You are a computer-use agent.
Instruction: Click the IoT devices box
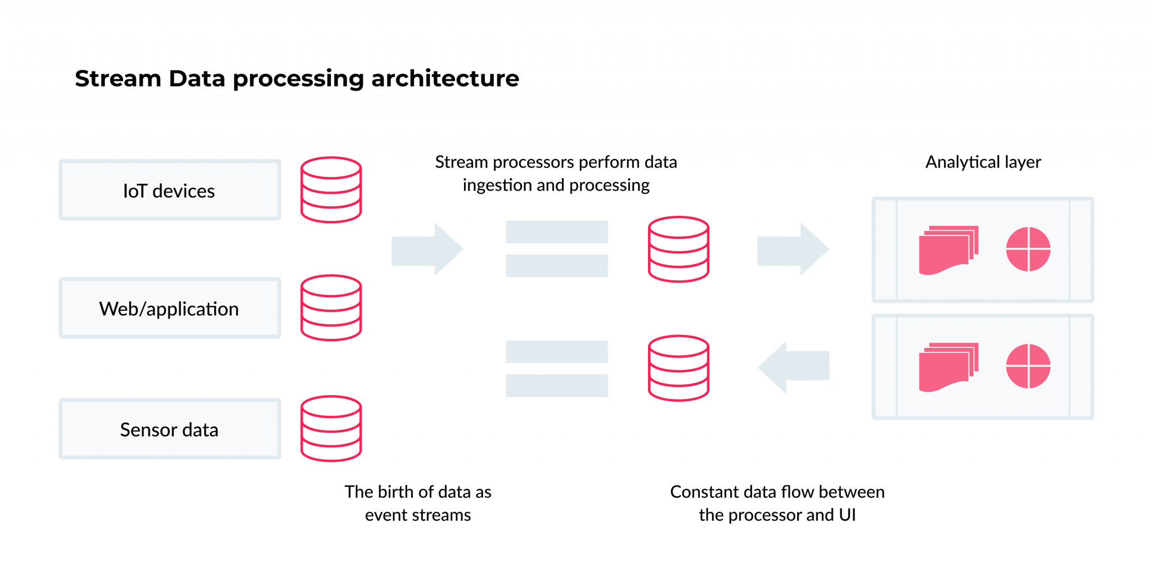169,191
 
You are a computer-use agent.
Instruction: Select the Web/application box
169,308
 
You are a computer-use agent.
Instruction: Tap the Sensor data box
169,429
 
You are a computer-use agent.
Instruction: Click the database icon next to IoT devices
331,190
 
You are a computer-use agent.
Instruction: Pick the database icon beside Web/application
331,308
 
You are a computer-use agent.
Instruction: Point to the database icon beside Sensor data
331,429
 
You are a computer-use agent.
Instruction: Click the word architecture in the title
445,79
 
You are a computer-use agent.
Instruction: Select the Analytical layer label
983,162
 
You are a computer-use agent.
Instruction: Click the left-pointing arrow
793,367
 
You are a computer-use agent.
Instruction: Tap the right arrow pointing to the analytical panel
793,249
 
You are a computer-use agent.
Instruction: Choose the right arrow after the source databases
427,249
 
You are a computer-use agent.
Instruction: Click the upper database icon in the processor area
678,249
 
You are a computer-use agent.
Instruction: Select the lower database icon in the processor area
678,368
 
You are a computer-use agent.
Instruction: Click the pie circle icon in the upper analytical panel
1028,249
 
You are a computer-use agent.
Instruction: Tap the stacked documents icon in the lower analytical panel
948,367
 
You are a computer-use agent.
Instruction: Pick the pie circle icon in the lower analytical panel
1028,366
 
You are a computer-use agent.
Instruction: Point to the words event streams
417,515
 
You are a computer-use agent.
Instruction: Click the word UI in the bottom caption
847,515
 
